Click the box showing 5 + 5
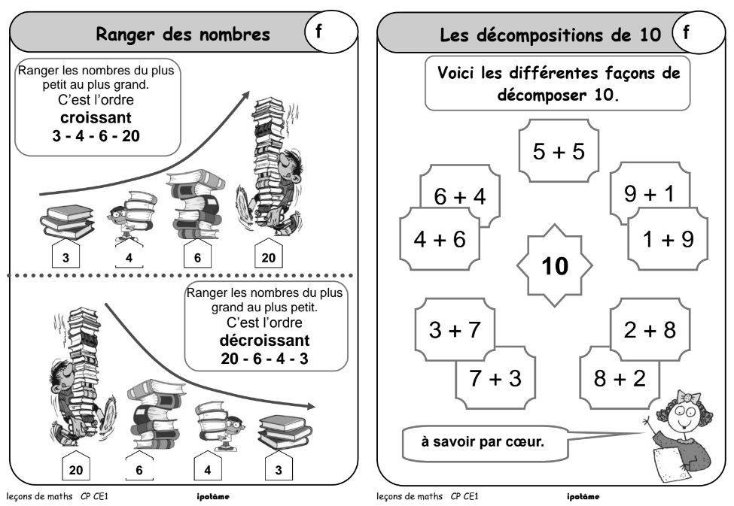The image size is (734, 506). tap(558, 150)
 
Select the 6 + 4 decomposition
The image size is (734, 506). tap(460, 195)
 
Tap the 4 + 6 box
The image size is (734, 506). tap(440, 238)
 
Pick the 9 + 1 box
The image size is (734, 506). tap(650, 193)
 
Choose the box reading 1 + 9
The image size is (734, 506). tap(668, 238)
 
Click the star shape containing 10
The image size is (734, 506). tap(555, 265)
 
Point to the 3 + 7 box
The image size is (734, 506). tap(455, 329)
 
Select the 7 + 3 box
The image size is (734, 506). tap(495, 377)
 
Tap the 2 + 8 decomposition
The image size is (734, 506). tap(650, 329)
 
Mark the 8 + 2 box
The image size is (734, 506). tap(619, 377)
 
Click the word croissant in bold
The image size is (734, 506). tap(96, 118)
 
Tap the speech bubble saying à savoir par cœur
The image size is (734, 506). tap(483, 442)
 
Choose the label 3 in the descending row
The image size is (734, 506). tap(278, 471)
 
